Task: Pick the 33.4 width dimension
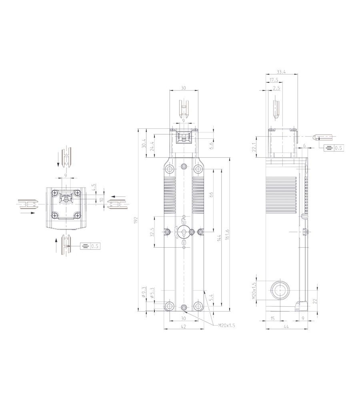click(x=281, y=72)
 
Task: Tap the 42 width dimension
click(x=184, y=326)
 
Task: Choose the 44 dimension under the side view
click(x=286, y=326)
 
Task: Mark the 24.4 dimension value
click(x=151, y=146)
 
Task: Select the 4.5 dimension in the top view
click(x=93, y=187)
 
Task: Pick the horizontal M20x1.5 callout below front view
click(x=226, y=326)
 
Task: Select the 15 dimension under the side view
click(x=273, y=318)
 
